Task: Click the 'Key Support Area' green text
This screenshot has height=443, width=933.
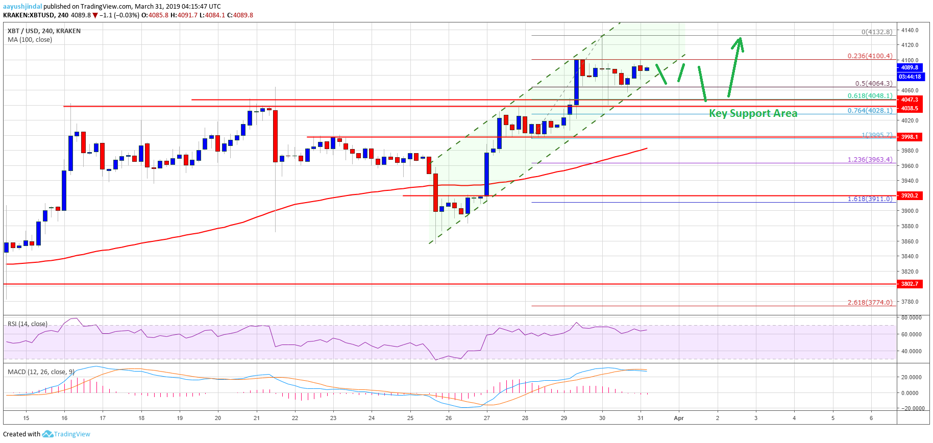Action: (753, 113)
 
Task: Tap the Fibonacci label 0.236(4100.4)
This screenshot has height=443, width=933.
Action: (870, 56)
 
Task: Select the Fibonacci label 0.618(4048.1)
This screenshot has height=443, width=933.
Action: (870, 95)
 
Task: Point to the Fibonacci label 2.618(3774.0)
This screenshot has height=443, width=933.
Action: (870, 302)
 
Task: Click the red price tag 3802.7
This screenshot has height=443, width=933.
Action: (910, 284)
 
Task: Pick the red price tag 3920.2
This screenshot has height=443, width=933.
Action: (910, 195)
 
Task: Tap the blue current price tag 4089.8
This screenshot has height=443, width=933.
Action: (910, 67)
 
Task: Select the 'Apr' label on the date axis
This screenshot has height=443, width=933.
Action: (678, 418)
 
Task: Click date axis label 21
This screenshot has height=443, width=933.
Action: (257, 418)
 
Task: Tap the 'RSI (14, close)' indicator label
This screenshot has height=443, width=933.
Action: (28, 324)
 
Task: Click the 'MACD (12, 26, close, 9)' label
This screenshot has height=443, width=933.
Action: (41, 372)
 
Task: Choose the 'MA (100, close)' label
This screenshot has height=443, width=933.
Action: (30, 39)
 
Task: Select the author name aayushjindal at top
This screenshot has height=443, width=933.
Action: (22, 7)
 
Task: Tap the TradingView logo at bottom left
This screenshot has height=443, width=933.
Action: (66, 434)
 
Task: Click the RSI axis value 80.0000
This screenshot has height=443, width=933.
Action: (912, 317)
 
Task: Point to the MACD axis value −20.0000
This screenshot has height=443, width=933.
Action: (912, 408)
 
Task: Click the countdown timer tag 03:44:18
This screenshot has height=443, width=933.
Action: (910, 77)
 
